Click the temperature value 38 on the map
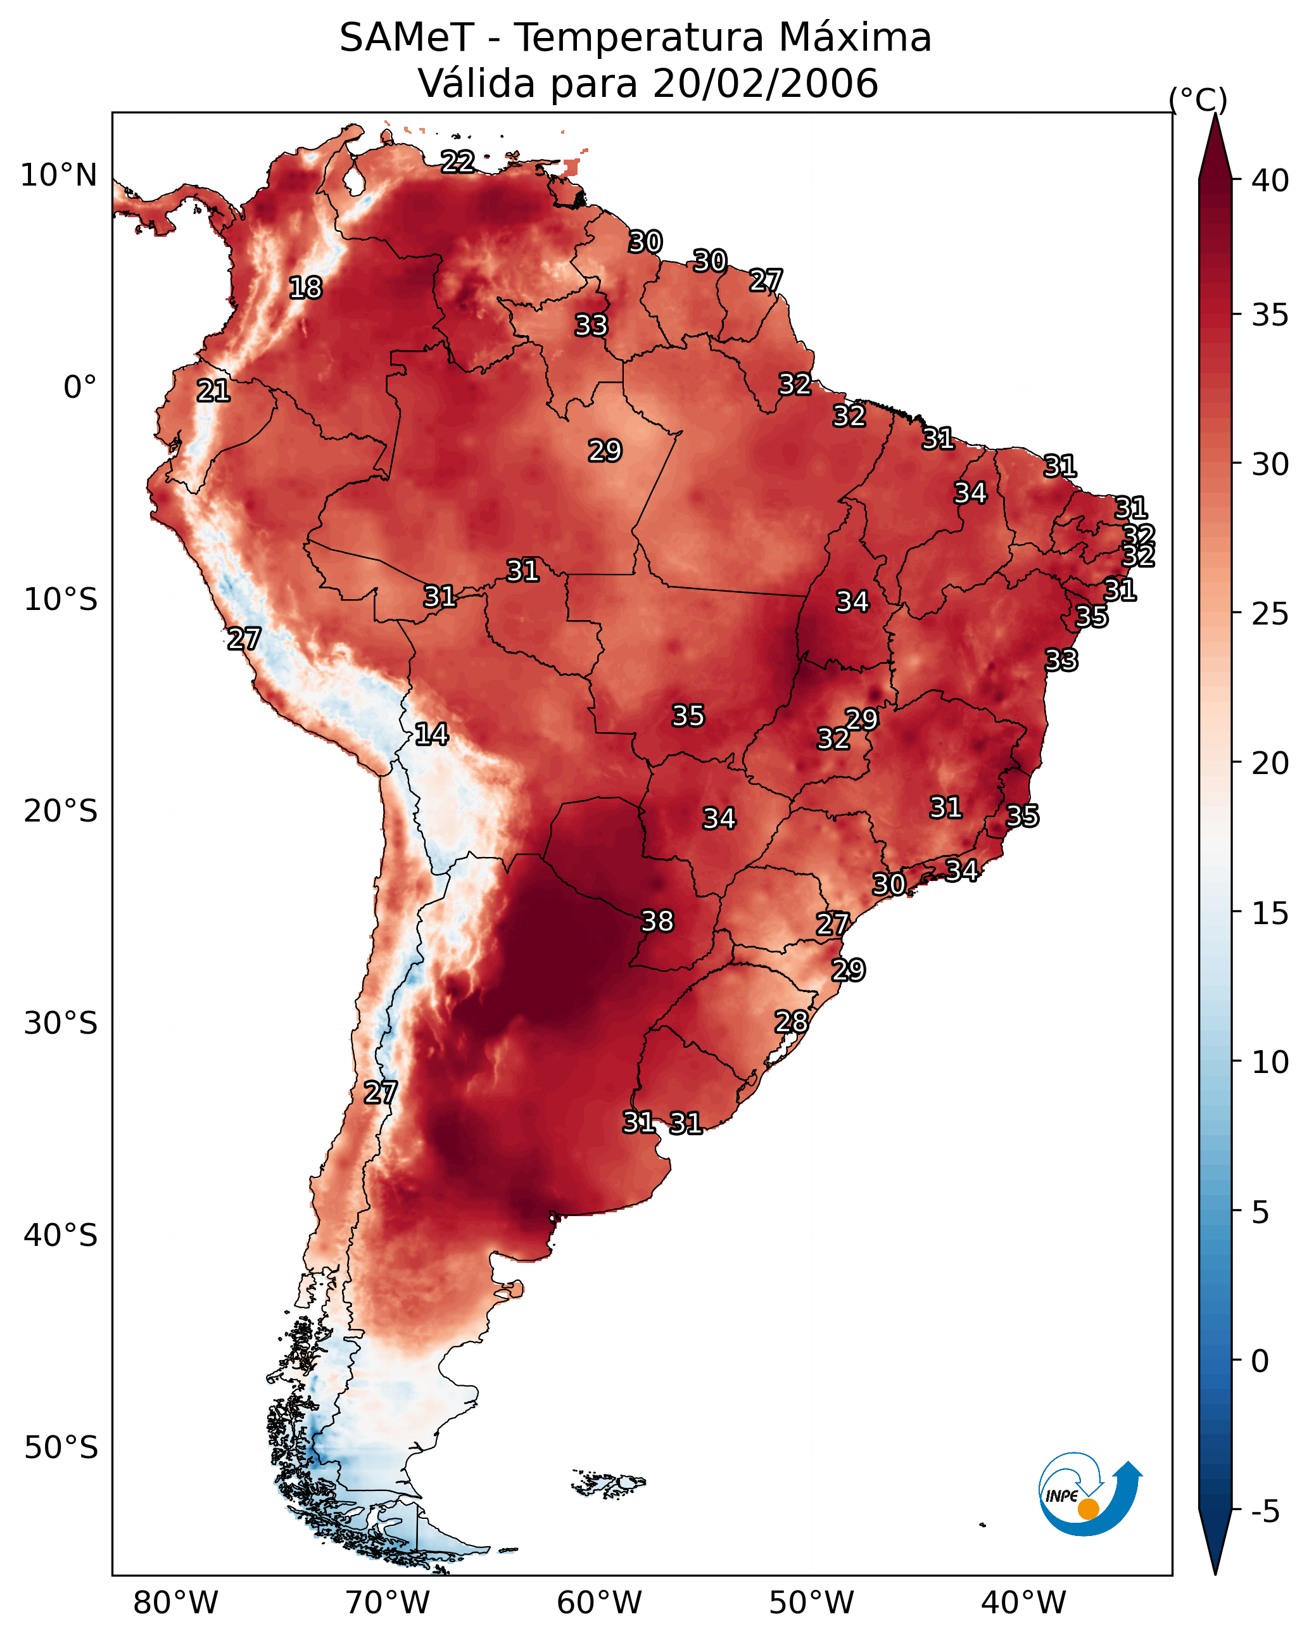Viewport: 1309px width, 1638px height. (657, 922)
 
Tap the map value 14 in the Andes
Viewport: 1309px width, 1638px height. (431, 734)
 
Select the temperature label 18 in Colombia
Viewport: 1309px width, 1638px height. (305, 288)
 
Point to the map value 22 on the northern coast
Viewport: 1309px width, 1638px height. (458, 162)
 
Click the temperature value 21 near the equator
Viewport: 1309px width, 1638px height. (213, 391)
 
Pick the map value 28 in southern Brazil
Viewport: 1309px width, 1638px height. (791, 1022)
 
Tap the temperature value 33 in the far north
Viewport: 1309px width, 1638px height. (591, 325)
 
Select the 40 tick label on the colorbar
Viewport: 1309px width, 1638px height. (1270, 181)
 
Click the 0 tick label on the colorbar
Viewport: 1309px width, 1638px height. (1260, 1361)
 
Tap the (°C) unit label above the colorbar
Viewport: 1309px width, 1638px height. (1198, 99)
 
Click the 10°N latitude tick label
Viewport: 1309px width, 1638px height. (58, 175)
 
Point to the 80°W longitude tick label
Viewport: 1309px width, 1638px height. (175, 1603)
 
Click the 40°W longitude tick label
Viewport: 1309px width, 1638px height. (1023, 1603)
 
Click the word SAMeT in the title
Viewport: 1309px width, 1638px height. (407, 38)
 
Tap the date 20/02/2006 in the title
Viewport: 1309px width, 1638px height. (765, 84)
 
